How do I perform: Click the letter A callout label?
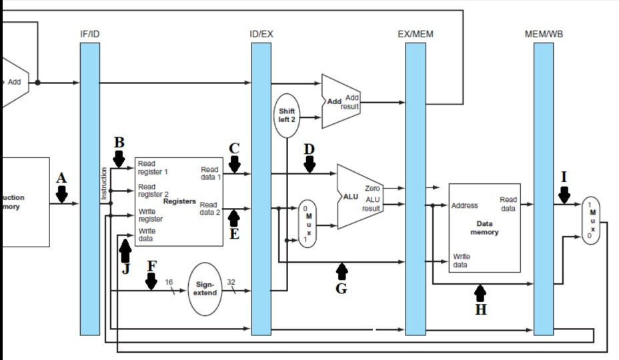[x=62, y=178]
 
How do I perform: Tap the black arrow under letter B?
[x=119, y=159]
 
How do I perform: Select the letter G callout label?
[x=342, y=289]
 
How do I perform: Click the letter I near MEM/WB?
[x=564, y=177]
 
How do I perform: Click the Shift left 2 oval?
[x=287, y=115]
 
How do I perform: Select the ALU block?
[x=358, y=197]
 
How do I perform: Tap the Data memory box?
[x=484, y=227]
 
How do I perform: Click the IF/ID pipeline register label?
[x=89, y=33]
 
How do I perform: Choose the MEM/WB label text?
[x=544, y=33]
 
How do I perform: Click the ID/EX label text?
[x=261, y=33]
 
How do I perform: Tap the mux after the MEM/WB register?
[x=591, y=221]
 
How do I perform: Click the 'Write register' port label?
[x=150, y=215]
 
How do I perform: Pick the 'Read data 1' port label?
[x=209, y=174]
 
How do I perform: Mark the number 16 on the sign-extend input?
[x=169, y=282]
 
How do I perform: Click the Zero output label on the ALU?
[x=372, y=189]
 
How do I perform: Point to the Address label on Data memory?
[x=464, y=205]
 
